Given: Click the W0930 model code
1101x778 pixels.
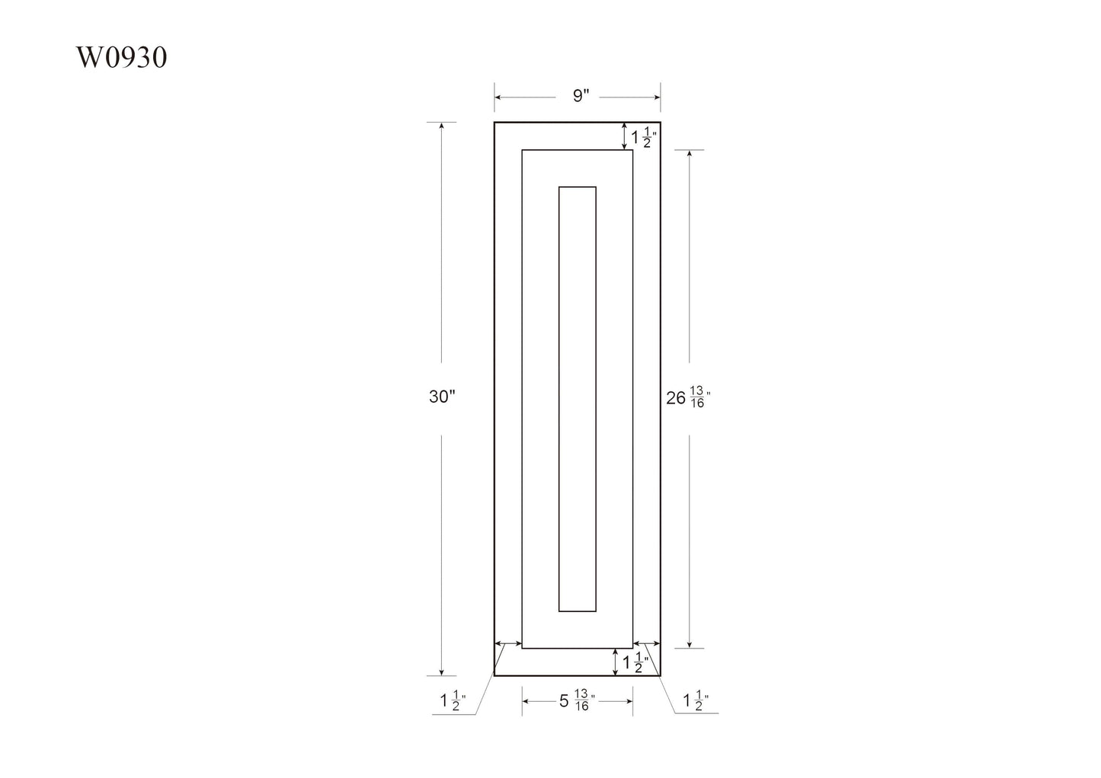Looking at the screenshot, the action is point(121,57).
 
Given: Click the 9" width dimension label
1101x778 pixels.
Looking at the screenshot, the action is point(581,95).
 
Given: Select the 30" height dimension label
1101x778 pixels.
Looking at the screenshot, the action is point(443,397).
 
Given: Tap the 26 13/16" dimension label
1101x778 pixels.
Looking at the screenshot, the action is point(688,397).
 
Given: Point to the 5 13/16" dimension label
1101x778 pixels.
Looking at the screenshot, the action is point(577,700).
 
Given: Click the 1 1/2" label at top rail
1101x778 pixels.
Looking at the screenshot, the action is point(644,138).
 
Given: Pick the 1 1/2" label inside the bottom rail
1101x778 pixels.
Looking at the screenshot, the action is point(635,663).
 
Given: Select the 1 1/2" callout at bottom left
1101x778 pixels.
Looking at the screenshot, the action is point(453,700).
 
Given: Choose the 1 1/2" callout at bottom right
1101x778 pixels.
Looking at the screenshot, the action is point(696,700).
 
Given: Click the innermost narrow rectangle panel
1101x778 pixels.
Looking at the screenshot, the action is point(559,399).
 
